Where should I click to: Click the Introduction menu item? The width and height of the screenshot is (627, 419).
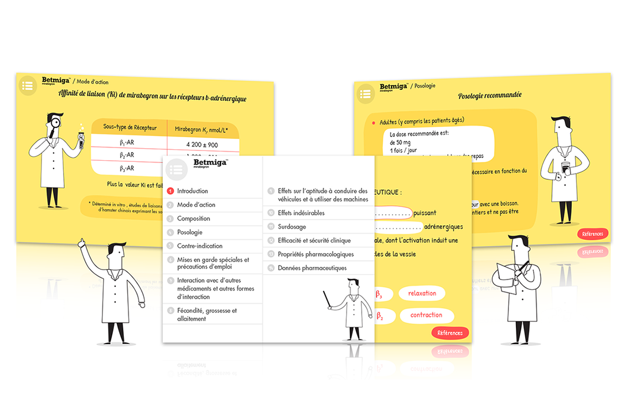(192, 191)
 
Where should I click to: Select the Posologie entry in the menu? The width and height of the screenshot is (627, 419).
(189, 232)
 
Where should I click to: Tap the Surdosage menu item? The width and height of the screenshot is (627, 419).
(291, 227)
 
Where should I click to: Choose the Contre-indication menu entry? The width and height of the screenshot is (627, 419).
(199, 246)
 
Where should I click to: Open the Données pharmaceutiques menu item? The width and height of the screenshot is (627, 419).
(312, 268)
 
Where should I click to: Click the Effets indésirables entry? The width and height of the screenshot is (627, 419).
(301, 213)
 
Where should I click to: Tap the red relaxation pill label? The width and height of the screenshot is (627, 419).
(421, 293)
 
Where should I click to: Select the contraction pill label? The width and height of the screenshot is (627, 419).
(426, 315)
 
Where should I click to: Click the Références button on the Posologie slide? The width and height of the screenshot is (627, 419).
(592, 233)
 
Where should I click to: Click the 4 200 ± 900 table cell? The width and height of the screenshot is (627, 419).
(202, 144)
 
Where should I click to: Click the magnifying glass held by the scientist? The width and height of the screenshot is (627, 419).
(52, 123)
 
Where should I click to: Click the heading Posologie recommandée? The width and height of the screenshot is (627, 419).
(490, 96)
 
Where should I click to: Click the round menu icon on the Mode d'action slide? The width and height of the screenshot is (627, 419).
(27, 85)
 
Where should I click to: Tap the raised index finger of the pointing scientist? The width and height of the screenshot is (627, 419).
(82, 240)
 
